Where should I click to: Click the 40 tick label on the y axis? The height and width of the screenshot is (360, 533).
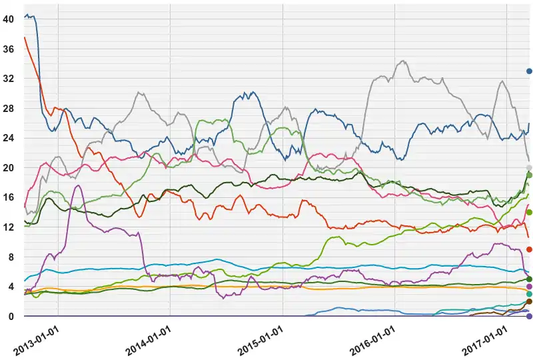click(8, 20)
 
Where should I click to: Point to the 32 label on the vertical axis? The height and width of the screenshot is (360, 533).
click(8, 79)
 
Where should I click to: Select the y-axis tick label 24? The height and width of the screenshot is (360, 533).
click(8, 138)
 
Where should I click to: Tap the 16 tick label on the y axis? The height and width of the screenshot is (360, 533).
click(8, 197)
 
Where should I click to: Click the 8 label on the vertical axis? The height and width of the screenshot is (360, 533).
click(10, 257)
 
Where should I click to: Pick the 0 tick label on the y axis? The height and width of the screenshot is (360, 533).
click(10, 316)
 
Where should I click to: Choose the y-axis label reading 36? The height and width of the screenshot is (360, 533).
click(8, 49)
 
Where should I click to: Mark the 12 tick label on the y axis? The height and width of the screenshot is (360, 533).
click(8, 227)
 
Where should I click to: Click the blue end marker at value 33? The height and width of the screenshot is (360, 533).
click(529, 71)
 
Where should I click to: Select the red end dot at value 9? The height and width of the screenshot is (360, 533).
click(529, 249)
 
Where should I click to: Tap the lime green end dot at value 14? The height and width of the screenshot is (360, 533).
click(529, 212)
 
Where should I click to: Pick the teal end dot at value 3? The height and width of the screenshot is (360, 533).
click(529, 294)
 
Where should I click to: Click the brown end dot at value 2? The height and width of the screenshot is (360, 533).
click(529, 301)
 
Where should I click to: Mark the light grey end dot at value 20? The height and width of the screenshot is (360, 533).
click(529, 168)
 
